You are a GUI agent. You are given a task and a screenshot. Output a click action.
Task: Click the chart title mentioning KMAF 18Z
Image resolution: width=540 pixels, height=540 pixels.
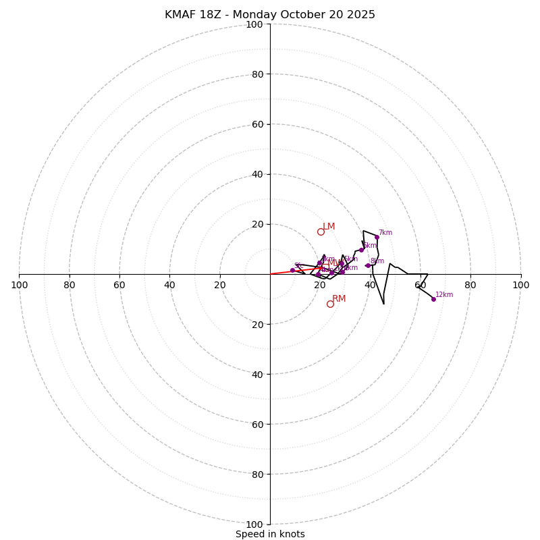[270, 15]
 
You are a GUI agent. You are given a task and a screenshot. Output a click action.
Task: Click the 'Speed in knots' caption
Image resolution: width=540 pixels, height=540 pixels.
[270, 534]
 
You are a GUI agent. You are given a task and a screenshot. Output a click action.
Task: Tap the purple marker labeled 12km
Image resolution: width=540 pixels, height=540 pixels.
[433, 299]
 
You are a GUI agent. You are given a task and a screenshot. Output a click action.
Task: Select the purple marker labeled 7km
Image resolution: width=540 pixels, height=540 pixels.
[377, 237]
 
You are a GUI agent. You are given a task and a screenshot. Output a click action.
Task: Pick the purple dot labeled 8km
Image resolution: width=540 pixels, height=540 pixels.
[368, 265]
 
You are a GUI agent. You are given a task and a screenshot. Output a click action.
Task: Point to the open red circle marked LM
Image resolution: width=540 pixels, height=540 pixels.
[321, 232]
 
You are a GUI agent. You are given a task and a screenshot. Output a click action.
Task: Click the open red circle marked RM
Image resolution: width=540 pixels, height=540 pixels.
[330, 304]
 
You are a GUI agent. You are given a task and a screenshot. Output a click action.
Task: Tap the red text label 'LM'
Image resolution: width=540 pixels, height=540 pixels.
[329, 227]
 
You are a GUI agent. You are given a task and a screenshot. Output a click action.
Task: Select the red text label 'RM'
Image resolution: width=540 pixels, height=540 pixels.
[339, 299]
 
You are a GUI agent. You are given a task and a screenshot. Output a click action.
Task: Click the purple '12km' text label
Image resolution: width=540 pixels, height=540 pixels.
[444, 295]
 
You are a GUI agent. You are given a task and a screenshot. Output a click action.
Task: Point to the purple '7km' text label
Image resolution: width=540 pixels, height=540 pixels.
[385, 233]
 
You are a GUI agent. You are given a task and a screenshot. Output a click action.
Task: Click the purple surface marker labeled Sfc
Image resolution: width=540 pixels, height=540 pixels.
[292, 270]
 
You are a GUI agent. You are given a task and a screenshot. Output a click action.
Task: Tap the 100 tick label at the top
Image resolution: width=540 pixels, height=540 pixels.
[254, 24]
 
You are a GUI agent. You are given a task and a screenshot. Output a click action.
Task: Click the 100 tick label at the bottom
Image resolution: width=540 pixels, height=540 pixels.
[254, 524]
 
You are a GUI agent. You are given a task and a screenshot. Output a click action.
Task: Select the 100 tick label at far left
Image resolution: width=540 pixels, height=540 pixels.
[19, 285]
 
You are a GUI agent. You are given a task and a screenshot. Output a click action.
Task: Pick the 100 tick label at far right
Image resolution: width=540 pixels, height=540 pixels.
[521, 285]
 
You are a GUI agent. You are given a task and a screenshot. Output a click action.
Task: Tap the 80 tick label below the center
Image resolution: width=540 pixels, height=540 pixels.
[257, 475]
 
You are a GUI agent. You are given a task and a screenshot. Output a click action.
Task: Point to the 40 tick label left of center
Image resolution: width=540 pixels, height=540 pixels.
[169, 285]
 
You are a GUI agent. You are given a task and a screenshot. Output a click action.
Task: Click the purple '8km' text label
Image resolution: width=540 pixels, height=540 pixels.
[377, 261]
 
